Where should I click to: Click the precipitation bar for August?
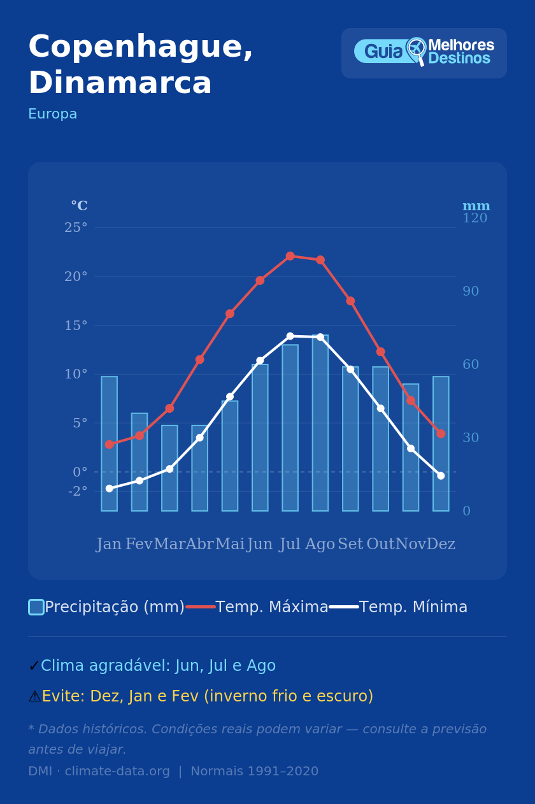320,423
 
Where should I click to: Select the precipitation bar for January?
109,443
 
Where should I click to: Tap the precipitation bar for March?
169,468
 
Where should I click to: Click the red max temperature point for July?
290,256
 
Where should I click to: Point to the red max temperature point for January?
109,444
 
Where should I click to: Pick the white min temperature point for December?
441,476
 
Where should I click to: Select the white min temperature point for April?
199,438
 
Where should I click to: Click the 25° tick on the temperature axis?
76,227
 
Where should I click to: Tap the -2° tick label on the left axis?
78,491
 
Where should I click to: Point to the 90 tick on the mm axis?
471,291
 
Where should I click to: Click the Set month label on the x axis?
350,545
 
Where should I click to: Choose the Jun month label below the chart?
260,545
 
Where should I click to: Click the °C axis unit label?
79,206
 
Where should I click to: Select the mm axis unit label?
476,206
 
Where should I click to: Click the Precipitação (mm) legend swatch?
36,607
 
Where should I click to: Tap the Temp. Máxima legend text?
272,607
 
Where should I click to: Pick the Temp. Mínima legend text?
413,607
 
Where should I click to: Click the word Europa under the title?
53,114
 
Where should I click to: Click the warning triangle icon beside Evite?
34,697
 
